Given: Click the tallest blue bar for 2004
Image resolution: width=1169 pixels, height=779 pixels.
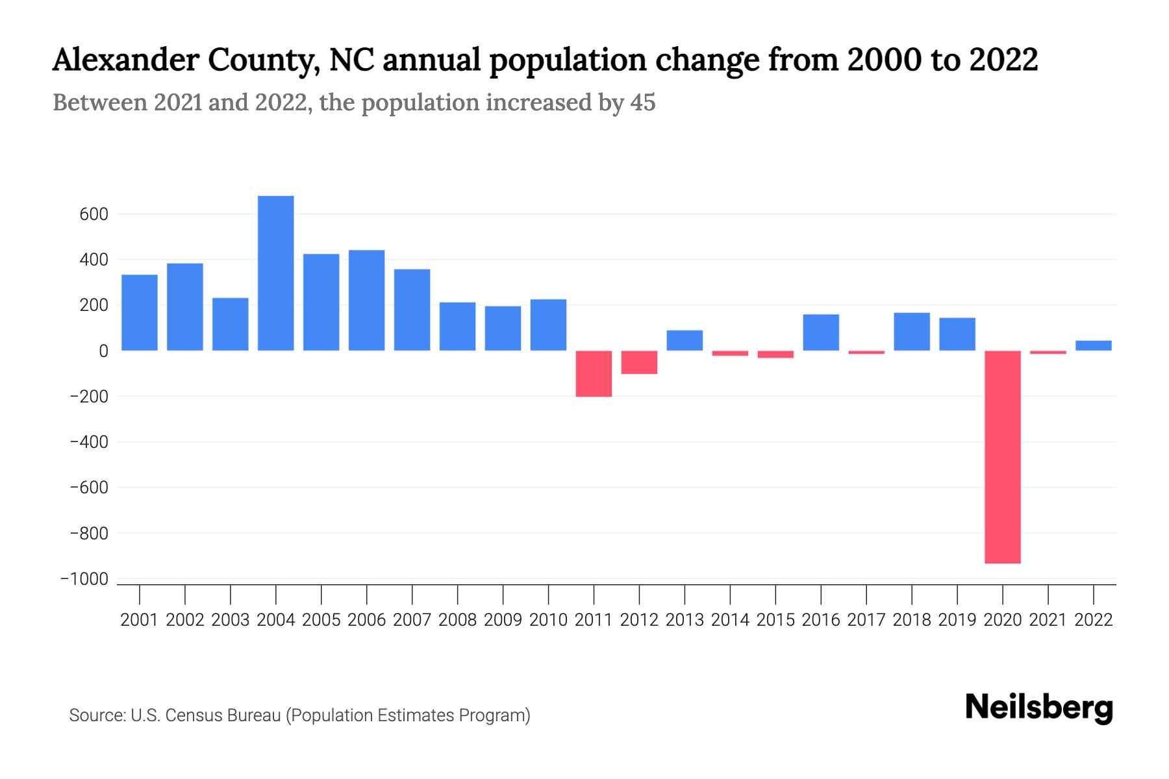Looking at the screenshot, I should tap(275, 273).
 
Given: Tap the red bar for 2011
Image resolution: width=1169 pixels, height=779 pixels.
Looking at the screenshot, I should tap(594, 373).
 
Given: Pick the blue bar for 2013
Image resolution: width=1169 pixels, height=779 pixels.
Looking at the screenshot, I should tap(685, 340).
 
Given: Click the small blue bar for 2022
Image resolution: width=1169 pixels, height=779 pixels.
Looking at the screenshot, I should tap(1093, 345).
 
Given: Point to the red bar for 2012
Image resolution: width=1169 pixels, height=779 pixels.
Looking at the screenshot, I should tap(639, 362).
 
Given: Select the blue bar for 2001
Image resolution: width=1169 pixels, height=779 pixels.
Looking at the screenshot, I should tap(140, 312).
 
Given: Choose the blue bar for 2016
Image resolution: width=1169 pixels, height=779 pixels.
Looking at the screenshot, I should tap(821, 332).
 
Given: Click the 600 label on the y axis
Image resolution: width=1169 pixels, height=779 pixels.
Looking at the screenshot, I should tap(94, 214).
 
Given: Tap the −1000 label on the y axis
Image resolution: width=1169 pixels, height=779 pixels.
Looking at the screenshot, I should tap(84, 579).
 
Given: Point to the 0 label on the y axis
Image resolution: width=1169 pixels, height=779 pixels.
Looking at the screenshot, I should tap(103, 351).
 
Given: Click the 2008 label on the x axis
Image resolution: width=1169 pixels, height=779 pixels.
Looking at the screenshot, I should tap(457, 620).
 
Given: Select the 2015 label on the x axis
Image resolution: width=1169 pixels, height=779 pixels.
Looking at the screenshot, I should tap(775, 620).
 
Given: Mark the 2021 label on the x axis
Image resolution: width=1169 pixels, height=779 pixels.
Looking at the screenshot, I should tap(1048, 620).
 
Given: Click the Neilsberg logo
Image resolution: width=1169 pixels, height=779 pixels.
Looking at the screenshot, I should tap(1039, 708).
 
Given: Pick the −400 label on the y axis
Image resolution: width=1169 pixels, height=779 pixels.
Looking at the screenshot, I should tap(89, 442).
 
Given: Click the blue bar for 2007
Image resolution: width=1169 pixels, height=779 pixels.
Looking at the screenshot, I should tap(412, 310).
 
